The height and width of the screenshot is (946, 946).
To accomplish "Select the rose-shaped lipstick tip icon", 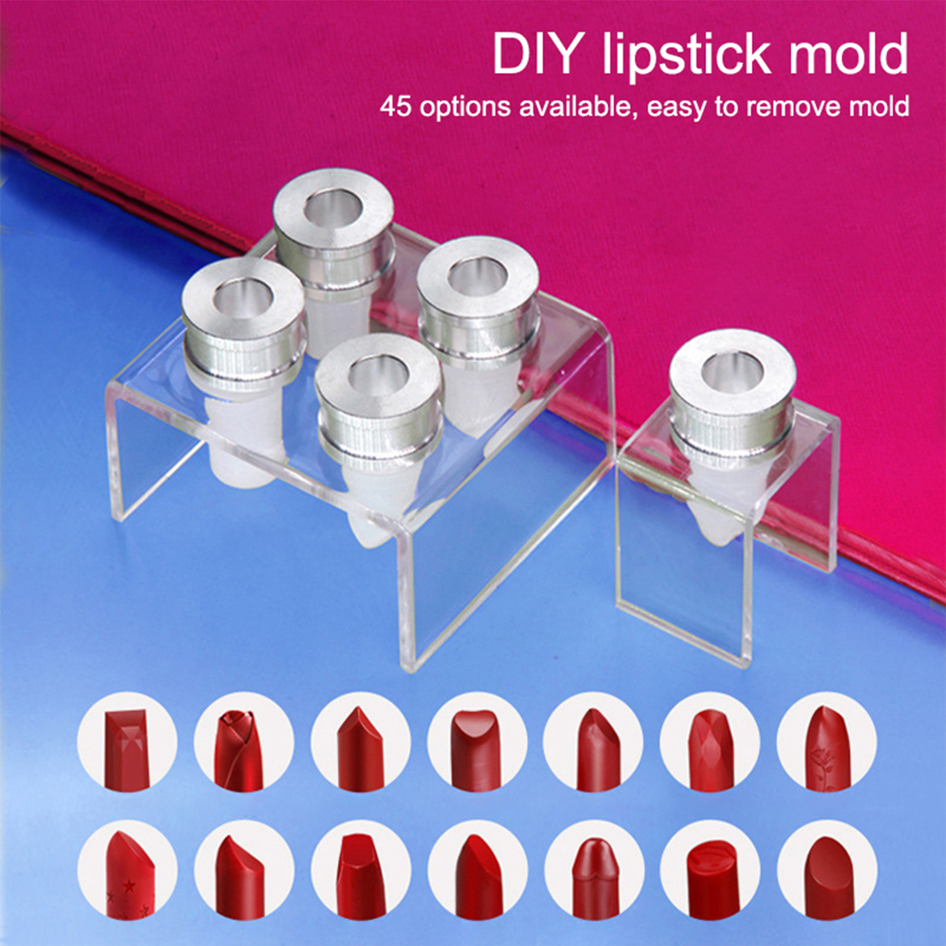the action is click(244, 742).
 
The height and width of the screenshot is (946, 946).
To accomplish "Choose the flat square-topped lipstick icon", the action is click(127, 742).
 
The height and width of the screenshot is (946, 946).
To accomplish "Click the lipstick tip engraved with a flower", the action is click(827, 742).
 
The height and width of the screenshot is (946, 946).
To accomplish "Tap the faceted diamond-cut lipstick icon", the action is click(710, 742).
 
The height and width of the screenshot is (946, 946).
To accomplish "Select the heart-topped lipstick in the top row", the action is click(477, 742).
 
